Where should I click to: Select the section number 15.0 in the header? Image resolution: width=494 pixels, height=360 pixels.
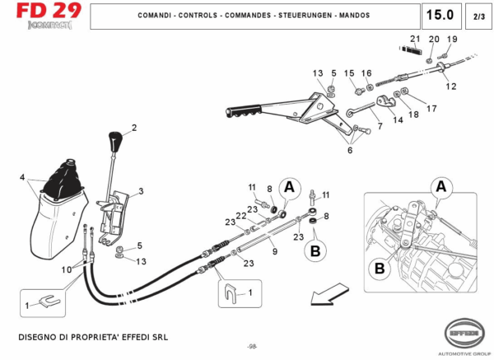440,15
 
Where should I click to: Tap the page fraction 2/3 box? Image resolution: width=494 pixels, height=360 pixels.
478,16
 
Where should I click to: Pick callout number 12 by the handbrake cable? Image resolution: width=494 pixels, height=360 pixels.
450,86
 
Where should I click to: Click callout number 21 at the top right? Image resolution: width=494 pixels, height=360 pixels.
414,40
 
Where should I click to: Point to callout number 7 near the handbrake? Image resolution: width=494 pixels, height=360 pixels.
380,126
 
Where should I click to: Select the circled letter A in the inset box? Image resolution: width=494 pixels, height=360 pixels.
441,187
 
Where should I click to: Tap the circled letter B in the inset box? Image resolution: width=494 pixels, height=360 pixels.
380,268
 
